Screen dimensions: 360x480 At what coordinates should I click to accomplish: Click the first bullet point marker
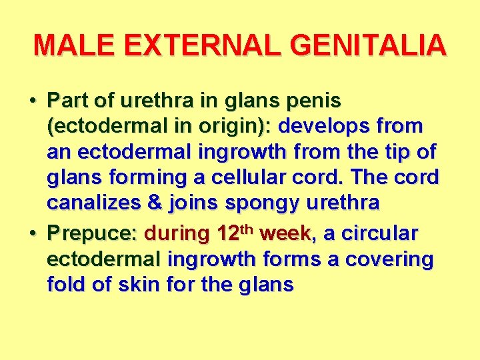(x=33, y=101)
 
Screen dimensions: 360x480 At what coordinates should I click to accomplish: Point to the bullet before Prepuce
(x=33, y=233)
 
